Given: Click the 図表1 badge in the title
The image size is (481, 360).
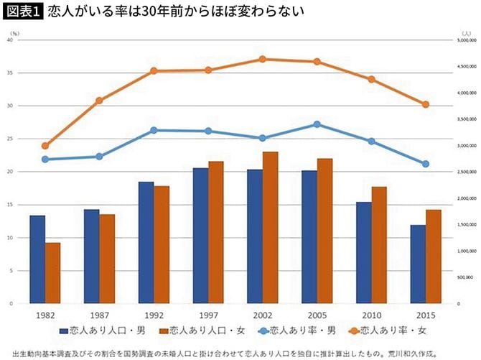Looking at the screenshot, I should click(x=22, y=11).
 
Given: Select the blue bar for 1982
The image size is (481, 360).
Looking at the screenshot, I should click(x=37, y=259).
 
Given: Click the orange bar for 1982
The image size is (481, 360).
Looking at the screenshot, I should click(x=52, y=273).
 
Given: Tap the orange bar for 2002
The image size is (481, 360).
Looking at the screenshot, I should click(x=270, y=227).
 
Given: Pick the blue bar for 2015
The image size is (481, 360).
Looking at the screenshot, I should click(x=417, y=264).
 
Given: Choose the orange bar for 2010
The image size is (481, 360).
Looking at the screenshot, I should click(x=379, y=245).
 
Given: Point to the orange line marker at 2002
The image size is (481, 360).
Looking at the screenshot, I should click(x=263, y=59).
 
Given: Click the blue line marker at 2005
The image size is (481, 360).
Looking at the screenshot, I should click(x=317, y=124).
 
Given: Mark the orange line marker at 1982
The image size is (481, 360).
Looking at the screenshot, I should click(x=45, y=146).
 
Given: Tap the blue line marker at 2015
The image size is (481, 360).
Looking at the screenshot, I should click(x=426, y=164).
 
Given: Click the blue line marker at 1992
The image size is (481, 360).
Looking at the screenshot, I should click(x=154, y=130).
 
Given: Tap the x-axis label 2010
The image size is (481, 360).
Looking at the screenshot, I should click(x=371, y=315).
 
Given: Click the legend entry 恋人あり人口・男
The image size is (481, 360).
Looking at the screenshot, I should click(x=101, y=331).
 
